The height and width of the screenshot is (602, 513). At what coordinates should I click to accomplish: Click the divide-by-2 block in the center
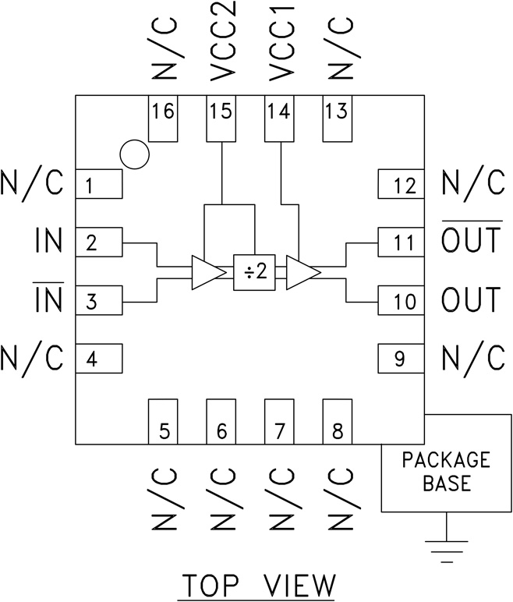[x=254, y=272]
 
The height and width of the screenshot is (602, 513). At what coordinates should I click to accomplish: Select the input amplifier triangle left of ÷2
[x=207, y=272]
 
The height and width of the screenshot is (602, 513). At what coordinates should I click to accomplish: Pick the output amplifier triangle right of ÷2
[x=302, y=272]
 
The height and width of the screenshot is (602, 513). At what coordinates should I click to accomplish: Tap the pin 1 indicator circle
[x=134, y=154]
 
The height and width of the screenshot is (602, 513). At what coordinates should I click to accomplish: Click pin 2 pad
[x=99, y=243]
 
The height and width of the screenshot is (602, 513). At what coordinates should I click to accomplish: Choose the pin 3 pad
[x=99, y=301]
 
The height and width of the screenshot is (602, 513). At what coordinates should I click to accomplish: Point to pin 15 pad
[x=222, y=119]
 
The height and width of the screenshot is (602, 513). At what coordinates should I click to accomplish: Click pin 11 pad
[x=401, y=243]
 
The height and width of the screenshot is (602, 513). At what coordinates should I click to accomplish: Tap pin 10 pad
[x=401, y=301]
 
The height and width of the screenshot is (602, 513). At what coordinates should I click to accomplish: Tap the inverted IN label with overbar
[x=48, y=300]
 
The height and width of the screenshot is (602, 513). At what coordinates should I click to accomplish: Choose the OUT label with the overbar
[x=471, y=240]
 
